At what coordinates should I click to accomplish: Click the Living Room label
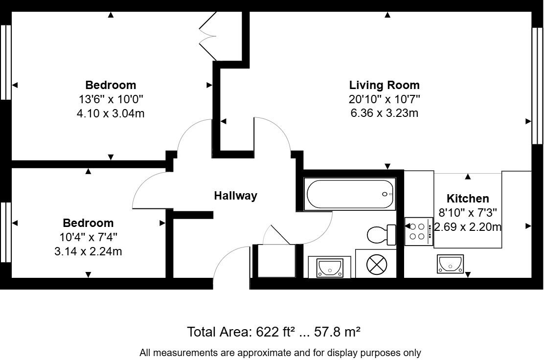384,85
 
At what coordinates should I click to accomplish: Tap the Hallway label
235,196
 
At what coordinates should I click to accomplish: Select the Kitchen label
468,199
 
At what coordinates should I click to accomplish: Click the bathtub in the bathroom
349,195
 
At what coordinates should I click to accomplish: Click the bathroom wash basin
329,267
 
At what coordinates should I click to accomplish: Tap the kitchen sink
450,265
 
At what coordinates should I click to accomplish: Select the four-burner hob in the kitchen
419,231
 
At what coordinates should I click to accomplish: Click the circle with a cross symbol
377,266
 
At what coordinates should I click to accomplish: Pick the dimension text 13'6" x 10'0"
111,99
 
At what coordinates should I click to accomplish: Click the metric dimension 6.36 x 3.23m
384,113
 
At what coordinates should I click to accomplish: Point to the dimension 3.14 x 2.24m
88,251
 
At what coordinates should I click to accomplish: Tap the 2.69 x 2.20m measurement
468,227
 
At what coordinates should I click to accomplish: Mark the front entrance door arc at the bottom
230,264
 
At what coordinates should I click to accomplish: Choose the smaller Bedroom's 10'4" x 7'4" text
88,237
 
